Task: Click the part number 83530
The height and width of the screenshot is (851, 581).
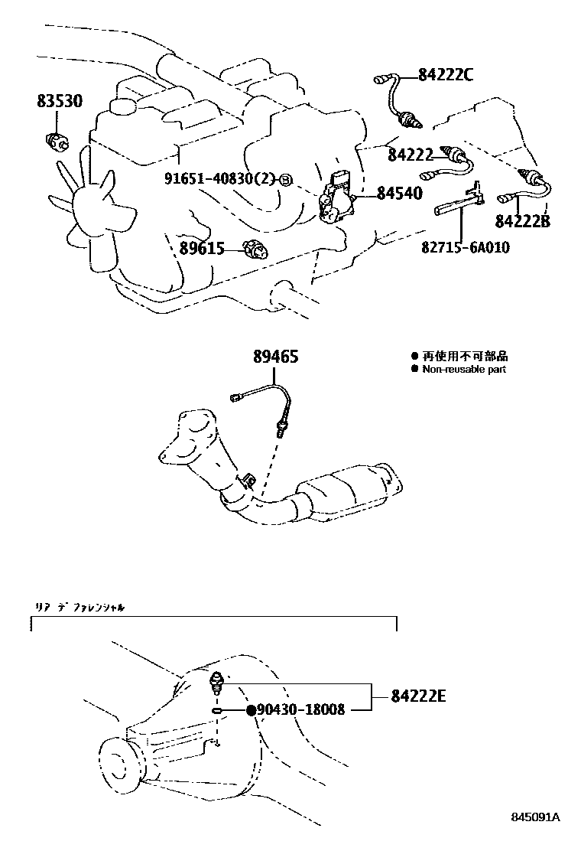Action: coord(60,101)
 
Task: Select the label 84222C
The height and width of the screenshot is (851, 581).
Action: coord(446,74)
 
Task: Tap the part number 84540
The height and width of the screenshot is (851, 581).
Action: coord(399,194)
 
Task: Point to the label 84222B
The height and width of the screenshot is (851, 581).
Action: coord(522,222)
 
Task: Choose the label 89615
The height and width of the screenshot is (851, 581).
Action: coord(201,248)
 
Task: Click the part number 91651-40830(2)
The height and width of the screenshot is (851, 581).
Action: coord(219,179)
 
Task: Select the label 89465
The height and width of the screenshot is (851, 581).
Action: coord(276,357)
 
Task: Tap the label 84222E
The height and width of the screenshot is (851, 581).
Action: coord(417,696)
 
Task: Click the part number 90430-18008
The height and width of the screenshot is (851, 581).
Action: coord(300,710)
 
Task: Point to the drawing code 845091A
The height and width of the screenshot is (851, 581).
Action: coord(536,817)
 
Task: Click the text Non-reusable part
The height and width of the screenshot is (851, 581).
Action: coord(464,370)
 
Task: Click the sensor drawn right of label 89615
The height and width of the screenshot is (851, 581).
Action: coord(253,248)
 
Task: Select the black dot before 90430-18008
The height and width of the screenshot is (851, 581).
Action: coord(249,710)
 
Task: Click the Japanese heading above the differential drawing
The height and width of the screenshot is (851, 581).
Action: coord(80,606)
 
